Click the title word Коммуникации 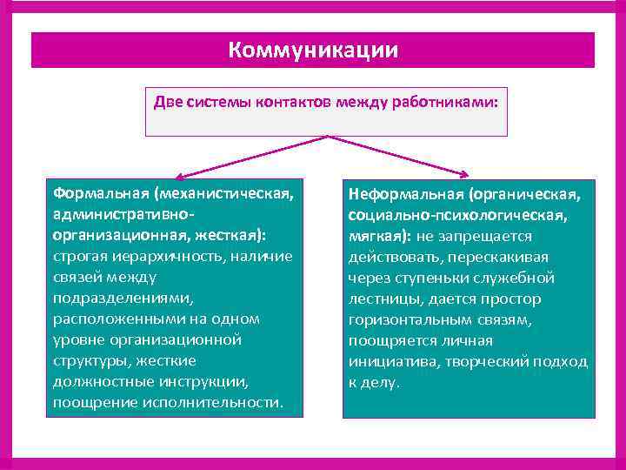point(313,50)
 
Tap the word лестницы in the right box point(383,299)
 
